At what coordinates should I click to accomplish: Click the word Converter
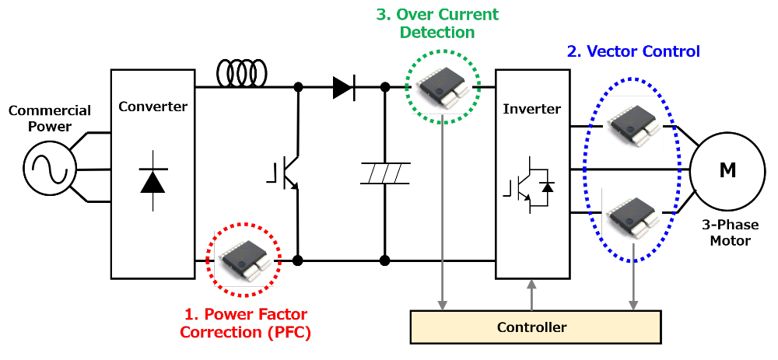pyautogui.click(x=153, y=107)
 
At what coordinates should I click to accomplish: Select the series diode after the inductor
pyautogui.click(x=343, y=88)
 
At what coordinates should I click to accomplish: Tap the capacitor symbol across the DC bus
pyautogui.click(x=384, y=173)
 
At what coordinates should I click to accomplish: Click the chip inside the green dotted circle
pyautogui.click(x=443, y=87)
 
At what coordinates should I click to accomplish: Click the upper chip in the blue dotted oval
pyautogui.click(x=633, y=124)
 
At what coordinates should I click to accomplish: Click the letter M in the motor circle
pyautogui.click(x=727, y=170)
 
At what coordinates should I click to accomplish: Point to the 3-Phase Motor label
pyautogui.click(x=730, y=233)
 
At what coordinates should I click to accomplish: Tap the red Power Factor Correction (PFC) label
pyautogui.click(x=245, y=323)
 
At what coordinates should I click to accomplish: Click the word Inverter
pyautogui.click(x=532, y=108)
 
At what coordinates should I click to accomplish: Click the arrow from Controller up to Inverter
pyautogui.click(x=532, y=295)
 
